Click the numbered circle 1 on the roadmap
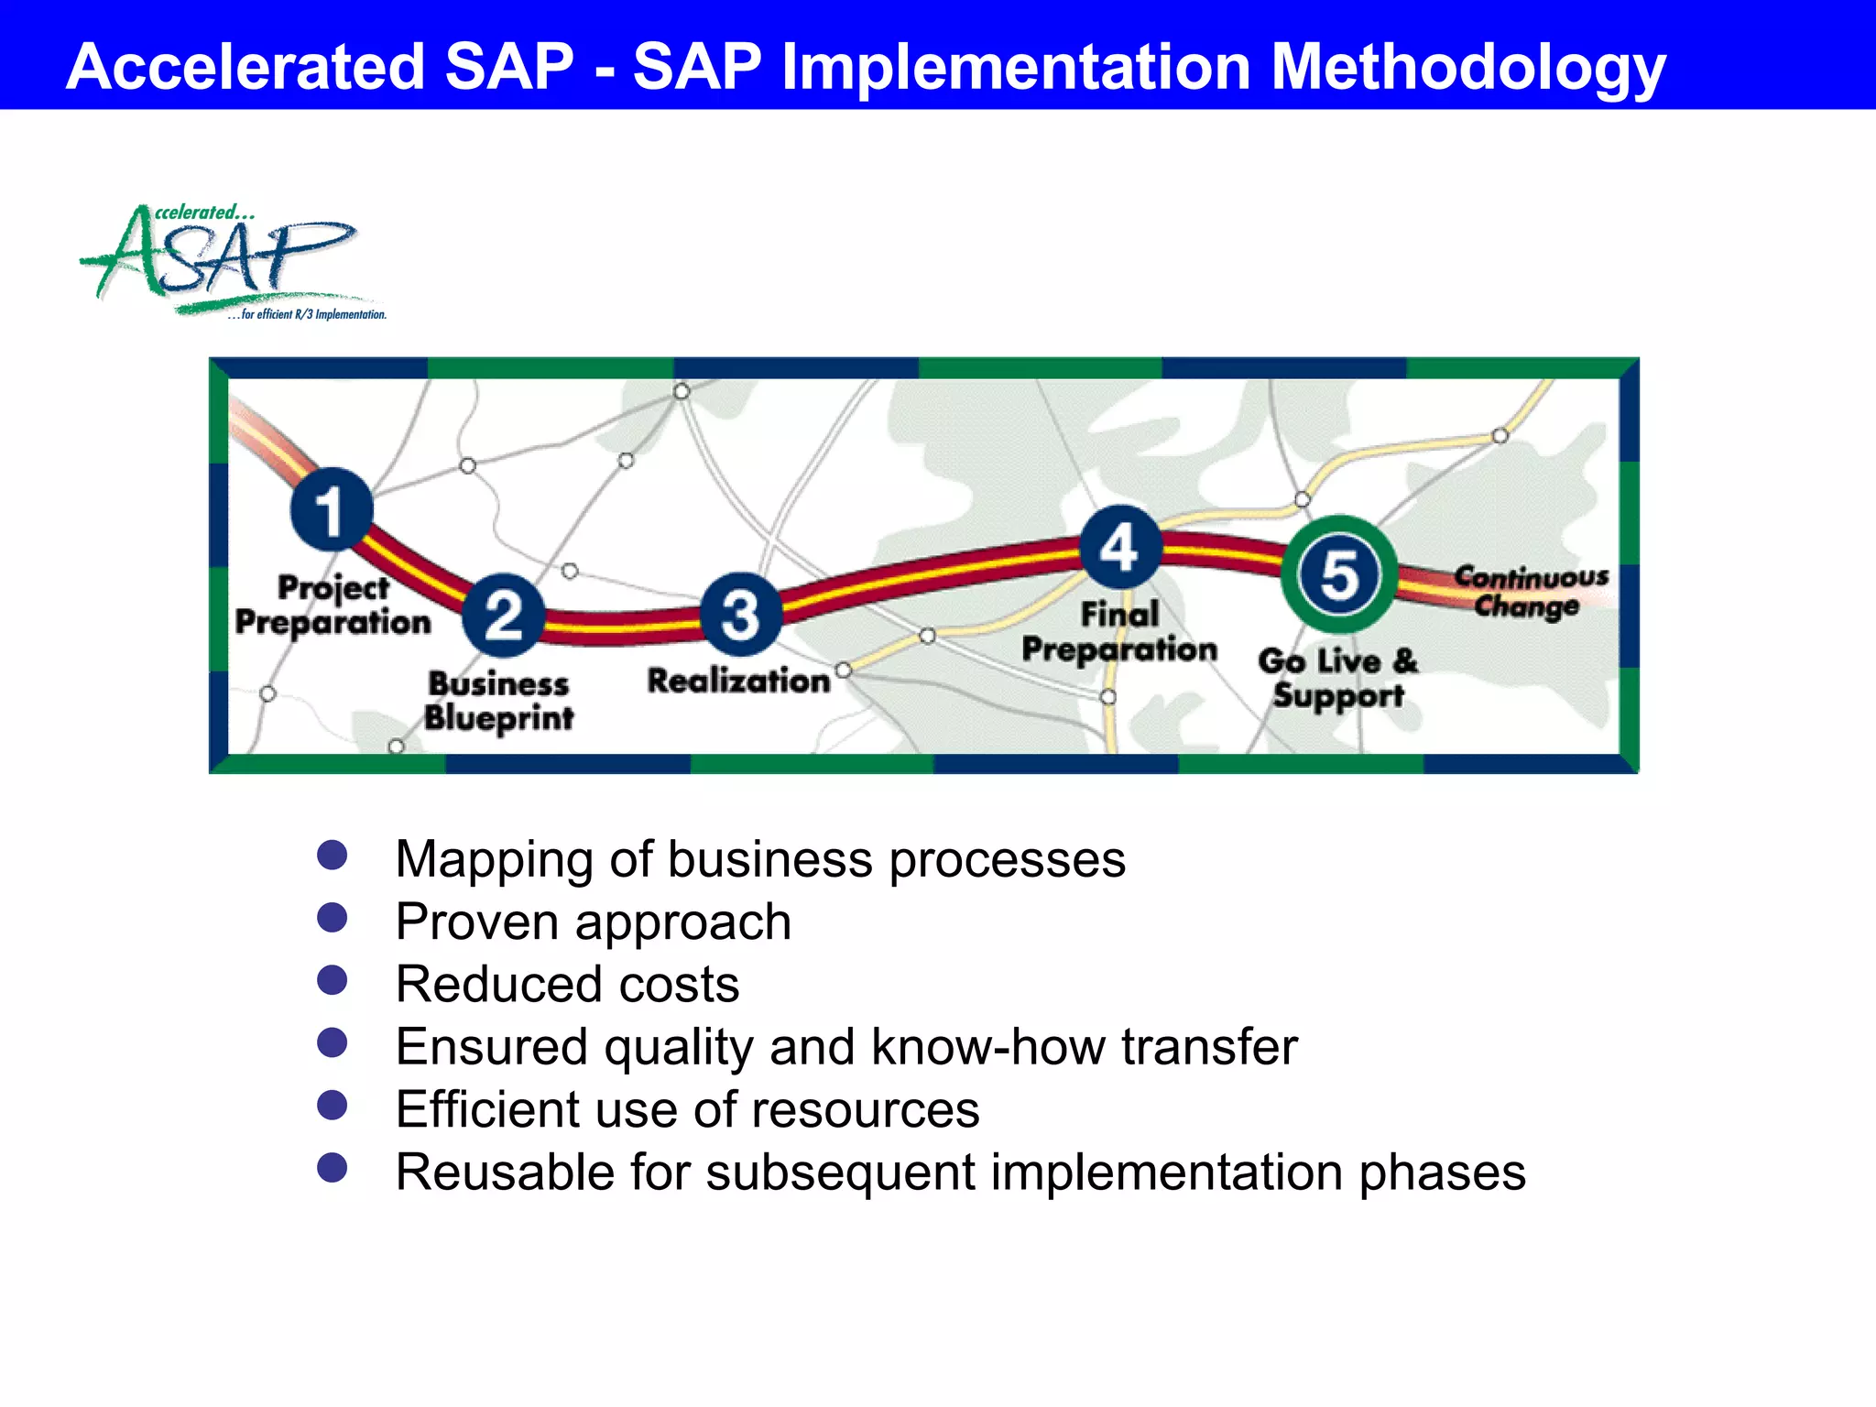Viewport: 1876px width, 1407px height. [x=332, y=509]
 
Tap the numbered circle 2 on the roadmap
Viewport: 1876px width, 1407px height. [x=503, y=615]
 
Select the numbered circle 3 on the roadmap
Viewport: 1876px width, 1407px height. [x=740, y=614]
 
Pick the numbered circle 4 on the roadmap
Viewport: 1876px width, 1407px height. [x=1119, y=547]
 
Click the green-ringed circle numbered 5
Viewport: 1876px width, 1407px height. [x=1339, y=575]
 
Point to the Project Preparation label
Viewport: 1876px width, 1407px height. [x=333, y=605]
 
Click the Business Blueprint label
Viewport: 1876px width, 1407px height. [x=499, y=701]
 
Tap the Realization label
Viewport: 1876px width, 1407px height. [x=738, y=681]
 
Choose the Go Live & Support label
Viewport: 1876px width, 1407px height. [x=1338, y=678]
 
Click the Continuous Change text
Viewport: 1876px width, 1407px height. [x=1530, y=592]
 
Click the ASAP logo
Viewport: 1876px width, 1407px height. [x=229, y=259]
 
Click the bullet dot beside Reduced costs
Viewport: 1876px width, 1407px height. [x=332, y=980]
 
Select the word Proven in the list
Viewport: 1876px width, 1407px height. [x=476, y=922]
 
